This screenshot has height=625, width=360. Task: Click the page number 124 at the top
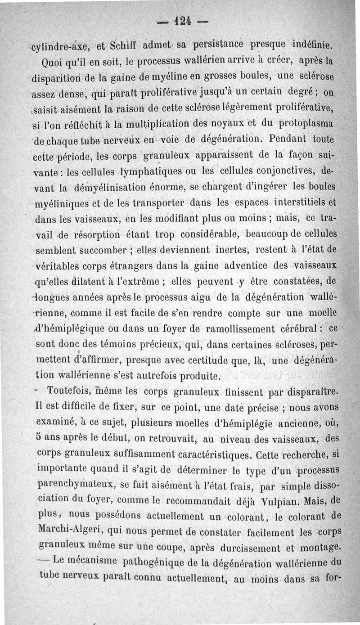pyautogui.click(x=180, y=21)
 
